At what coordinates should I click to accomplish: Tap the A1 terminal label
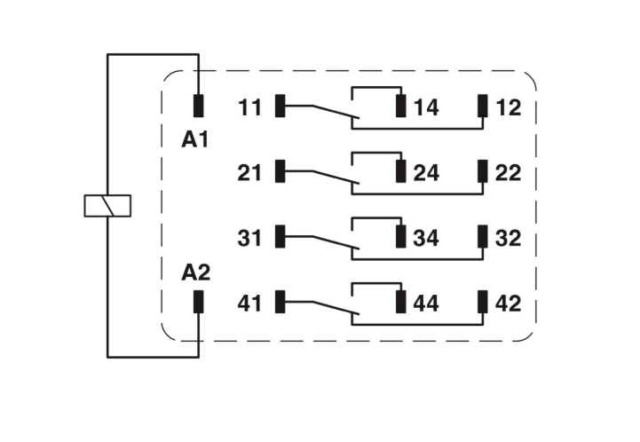pyautogui.click(x=195, y=139)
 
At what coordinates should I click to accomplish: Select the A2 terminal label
pyautogui.click(x=196, y=272)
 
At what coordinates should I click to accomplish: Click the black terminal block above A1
pyautogui.click(x=198, y=106)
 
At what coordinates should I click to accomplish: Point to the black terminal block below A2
pyautogui.click(x=198, y=302)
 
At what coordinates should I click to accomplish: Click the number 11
pyautogui.click(x=249, y=107)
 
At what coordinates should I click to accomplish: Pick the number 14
pyautogui.click(x=426, y=107)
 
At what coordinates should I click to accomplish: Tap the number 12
pyautogui.click(x=509, y=107)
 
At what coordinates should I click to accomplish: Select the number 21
pyautogui.click(x=249, y=173)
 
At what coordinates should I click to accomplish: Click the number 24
pyautogui.click(x=427, y=173)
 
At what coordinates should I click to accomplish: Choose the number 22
pyautogui.click(x=508, y=173)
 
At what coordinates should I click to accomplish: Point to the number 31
pyautogui.click(x=249, y=238)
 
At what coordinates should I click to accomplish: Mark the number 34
pyautogui.click(x=426, y=238)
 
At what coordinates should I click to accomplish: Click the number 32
pyautogui.click(x=508, y=238)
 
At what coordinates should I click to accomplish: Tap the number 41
pyautogui.click(x=249, y=304)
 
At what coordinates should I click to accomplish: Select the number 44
pyautogui.click(x=426, y=304)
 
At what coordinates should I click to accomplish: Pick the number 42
pyautogui.click(x=508, y=304)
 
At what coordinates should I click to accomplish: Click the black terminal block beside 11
pyautogui.click(x=280, y=106)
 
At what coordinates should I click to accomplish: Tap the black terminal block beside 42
pyautogui.click(x=483, y=302)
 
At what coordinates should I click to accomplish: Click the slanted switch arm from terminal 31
pyautogui.click(x=336, y=242)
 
